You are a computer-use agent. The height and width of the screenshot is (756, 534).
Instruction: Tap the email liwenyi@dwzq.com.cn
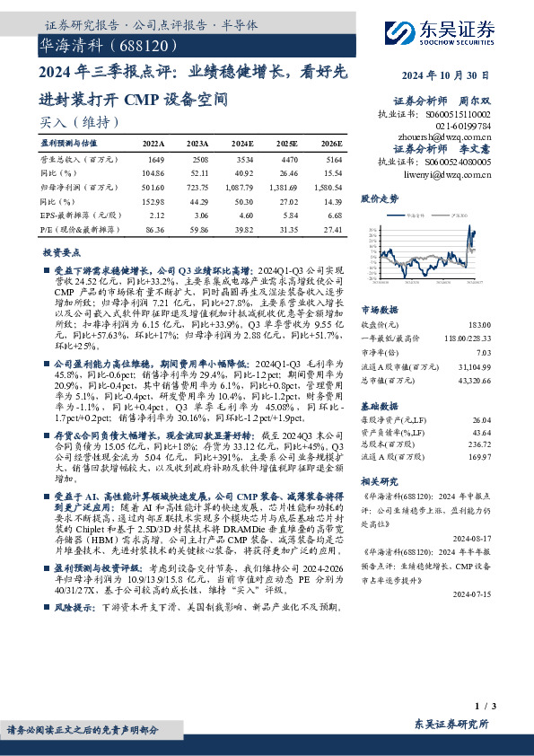point(454,176)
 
